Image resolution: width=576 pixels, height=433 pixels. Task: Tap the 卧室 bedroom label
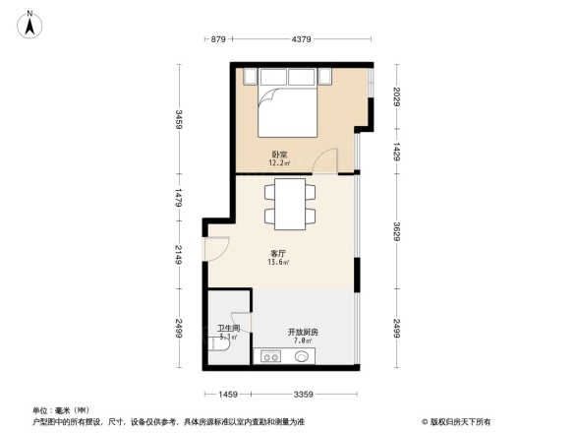[x=280, y=155]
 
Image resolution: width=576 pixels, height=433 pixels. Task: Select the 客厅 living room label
[x=279, y=254]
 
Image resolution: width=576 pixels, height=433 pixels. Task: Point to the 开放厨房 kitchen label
[x=302, y=332]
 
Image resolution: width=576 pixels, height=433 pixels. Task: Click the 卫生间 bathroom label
[x=229, y=329]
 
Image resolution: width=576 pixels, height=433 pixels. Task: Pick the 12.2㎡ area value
[x=280, y=163]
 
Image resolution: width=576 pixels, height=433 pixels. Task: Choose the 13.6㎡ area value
[x=279, y=263]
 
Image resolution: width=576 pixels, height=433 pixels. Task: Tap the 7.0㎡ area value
[x=302, y=340]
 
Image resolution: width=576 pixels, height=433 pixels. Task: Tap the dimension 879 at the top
[x=219, y=39]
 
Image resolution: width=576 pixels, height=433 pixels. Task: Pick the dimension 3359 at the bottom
[x=302, y=395]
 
